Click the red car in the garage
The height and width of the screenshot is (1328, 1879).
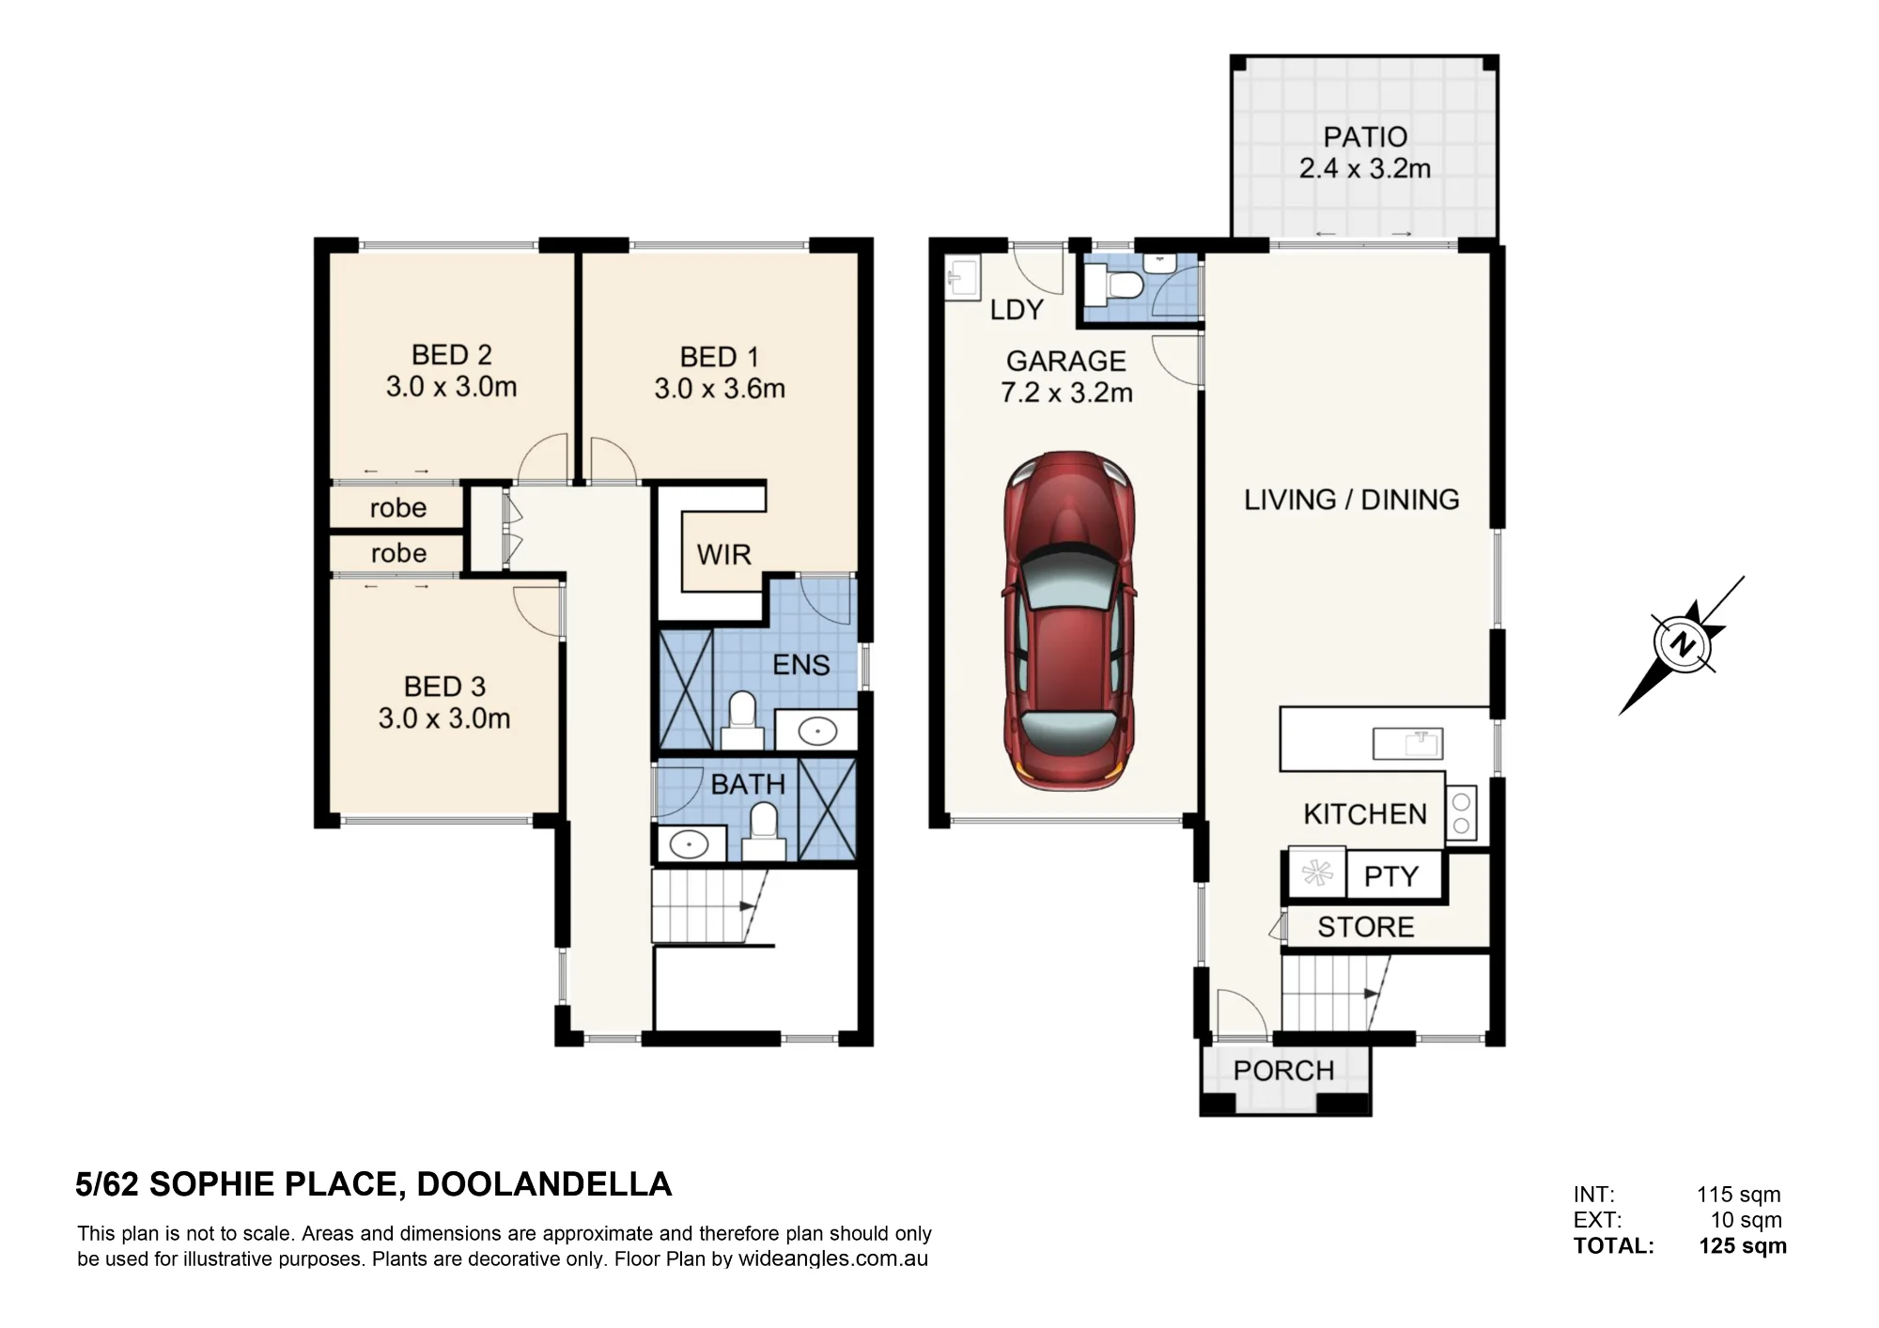point(1069,621)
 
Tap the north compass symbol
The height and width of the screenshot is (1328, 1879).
point(1682,645)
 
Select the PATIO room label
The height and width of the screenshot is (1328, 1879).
point(1365,137)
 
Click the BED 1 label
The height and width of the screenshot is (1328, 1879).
point(719,357)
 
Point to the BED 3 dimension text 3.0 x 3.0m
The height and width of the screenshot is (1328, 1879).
point(444,718)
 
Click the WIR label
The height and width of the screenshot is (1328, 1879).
point(723,554)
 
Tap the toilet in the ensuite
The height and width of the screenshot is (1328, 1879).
point(741,721)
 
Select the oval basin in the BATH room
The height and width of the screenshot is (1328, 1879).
point(690,844)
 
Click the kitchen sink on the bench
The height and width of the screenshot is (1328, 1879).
point(1407,744)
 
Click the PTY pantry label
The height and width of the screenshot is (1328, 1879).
point(1390,876)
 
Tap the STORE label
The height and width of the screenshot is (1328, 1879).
point(1365,927)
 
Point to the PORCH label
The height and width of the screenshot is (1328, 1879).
point(1283,1071)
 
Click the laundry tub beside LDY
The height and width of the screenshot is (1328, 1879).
point(962,277)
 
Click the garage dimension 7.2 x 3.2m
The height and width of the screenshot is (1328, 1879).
point(1066,393)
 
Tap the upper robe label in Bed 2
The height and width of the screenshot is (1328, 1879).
point(398,508)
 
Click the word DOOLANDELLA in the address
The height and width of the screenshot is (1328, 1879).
point(544,1184)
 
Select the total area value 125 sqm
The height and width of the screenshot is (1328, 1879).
point(1743,1245)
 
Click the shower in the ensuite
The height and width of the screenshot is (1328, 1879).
point(686,689)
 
